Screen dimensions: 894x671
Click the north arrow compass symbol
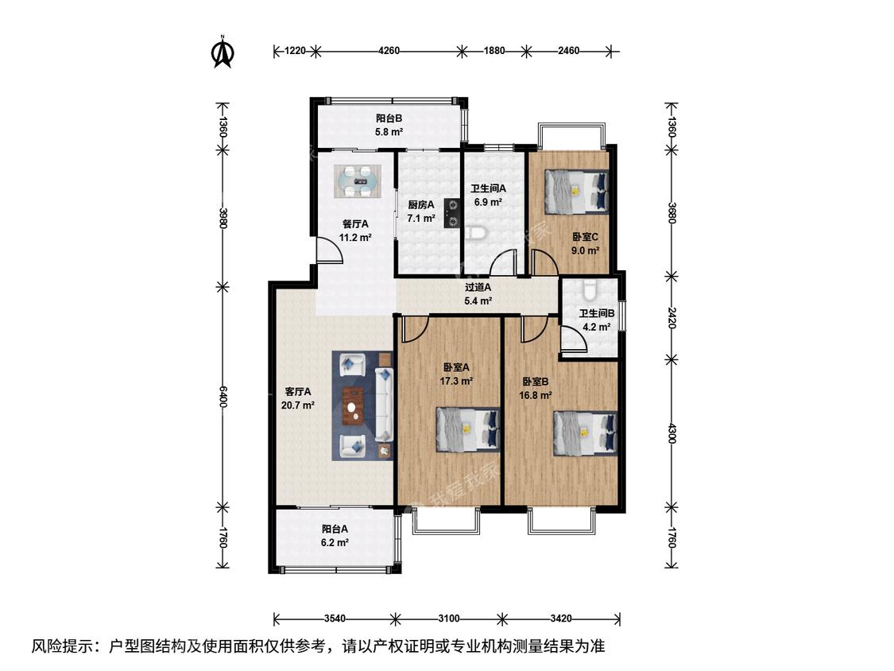223,52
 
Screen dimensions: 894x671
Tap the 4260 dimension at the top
389,51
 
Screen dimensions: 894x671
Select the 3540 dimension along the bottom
335,619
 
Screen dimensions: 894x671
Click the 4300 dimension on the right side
671,433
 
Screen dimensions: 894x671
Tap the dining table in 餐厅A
358,181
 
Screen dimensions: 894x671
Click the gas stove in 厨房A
451,212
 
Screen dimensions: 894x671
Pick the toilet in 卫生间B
590,289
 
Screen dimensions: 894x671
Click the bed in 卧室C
576,191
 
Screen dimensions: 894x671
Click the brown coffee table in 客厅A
354,406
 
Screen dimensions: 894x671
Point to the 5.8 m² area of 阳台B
389,132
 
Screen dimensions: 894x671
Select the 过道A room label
478,288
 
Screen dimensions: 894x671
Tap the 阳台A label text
335,529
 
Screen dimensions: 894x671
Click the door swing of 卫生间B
572,338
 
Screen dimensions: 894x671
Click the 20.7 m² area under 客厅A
298,405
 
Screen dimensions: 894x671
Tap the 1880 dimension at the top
493,51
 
